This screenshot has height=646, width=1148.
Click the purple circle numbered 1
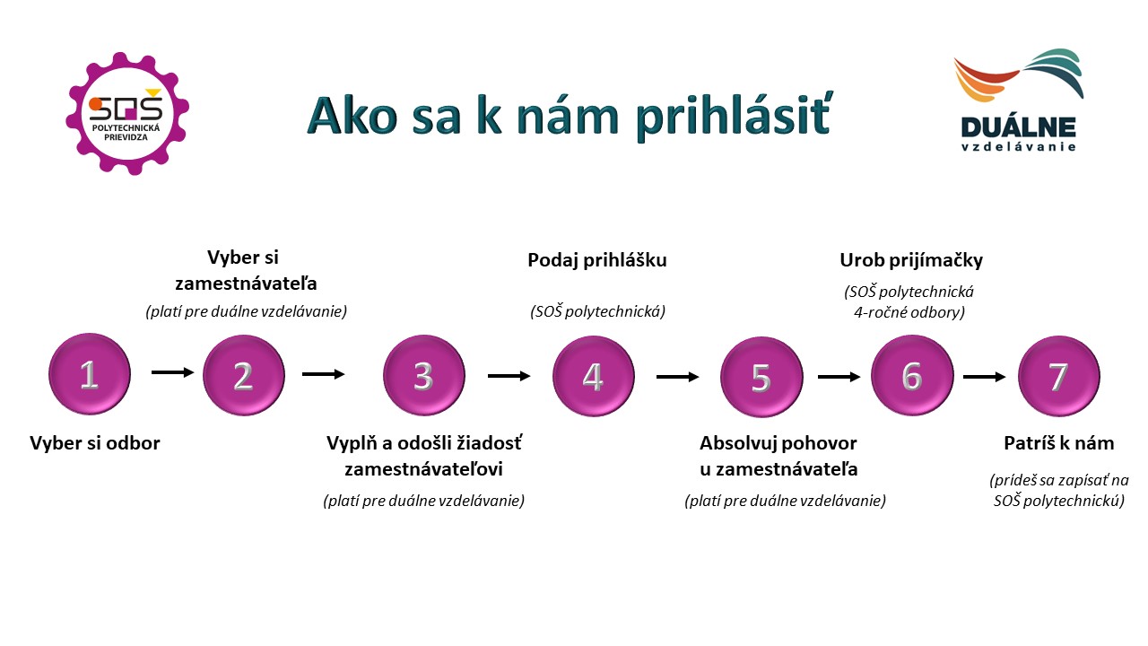(x=90, y=374)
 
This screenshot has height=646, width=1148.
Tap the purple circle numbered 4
(x=594, y=376)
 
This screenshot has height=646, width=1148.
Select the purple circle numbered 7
(x=1059, y=376)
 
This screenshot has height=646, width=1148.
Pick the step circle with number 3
(x=424, y=375)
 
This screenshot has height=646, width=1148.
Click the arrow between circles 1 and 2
(x=173, y=372)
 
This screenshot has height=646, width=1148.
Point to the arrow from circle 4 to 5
(x=677, y=378)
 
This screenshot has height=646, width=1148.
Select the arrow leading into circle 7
(x=984, y=378)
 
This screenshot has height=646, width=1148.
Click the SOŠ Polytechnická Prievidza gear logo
(x=127, y=113)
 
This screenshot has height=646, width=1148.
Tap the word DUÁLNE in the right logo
(x=1018, y=127)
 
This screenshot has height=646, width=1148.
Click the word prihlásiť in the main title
(x=734, y=117)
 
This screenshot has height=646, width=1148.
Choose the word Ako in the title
(x=352, y=116)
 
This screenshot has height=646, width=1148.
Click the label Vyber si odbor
(x=95, y=443)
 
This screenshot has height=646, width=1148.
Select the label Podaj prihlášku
(x=597, y=260)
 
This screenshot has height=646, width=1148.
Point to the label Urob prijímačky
(x=911, y=260)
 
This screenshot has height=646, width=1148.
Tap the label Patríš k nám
(x=1059, y=443)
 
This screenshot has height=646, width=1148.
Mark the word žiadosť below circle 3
(x=490, y=443)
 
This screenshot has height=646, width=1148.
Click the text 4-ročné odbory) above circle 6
(x=909, y=312)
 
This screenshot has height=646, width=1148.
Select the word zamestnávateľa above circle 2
(x=246, y=284)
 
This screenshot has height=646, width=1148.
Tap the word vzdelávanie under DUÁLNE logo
(x=1018, y=147)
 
